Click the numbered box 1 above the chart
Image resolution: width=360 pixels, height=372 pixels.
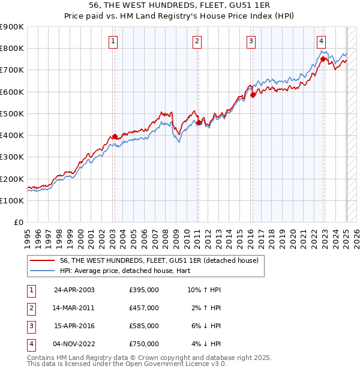(x=113, y=41)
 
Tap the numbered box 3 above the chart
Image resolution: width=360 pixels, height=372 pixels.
(x=251, y=41)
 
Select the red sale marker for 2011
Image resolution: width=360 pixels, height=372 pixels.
(x=199, y=123)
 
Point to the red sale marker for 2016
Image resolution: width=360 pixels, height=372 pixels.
(x=253, y=95)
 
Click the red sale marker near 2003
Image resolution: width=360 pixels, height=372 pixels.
(x=115, y=136)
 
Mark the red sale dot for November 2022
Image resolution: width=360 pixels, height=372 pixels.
(x=323, y=59)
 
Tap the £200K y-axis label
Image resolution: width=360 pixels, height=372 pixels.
(x=12, y=179)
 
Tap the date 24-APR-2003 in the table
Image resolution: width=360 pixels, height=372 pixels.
(x=74, y=290)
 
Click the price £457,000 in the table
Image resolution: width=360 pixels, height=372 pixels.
(x=144, y=308)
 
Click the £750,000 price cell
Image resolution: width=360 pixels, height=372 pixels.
(x=144, y=344)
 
